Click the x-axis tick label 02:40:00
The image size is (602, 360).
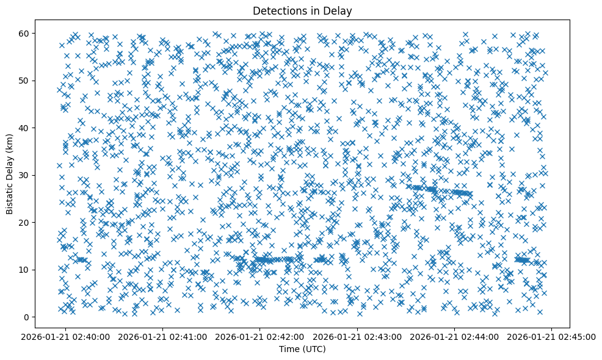pyautogui.click(x=67, y=337)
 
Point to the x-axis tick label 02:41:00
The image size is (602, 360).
pyautogui.click(x=164, y=337)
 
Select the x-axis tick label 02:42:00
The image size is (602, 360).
pyautogui.click(x=261, y=337)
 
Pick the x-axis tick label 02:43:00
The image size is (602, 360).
pyautogui.click(x=358, y=337)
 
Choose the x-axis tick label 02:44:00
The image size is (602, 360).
pyautogui.click(x=455, y=337)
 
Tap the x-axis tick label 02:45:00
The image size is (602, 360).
pyautogui.click(x=552, y=337)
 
